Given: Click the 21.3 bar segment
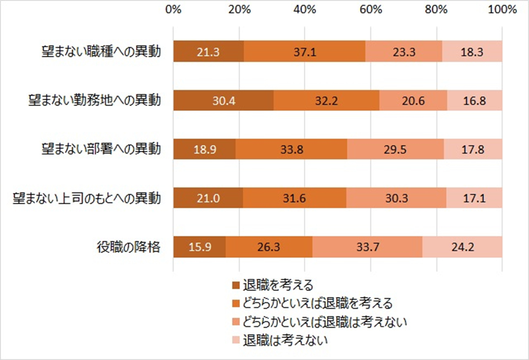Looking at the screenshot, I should [209, 52].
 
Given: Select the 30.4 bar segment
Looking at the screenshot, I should [223, 101].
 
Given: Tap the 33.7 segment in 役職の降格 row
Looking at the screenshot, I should [367, 247].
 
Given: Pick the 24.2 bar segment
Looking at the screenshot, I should [462, 247].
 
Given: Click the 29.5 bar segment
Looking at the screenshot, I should [395, 149].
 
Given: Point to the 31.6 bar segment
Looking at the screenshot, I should [294, 198].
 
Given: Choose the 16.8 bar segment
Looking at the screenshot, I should [474, 101].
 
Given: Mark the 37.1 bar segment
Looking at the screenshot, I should [304, 52].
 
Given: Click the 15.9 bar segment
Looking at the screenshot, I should [199, 247].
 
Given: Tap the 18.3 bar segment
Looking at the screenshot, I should [472, 52].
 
